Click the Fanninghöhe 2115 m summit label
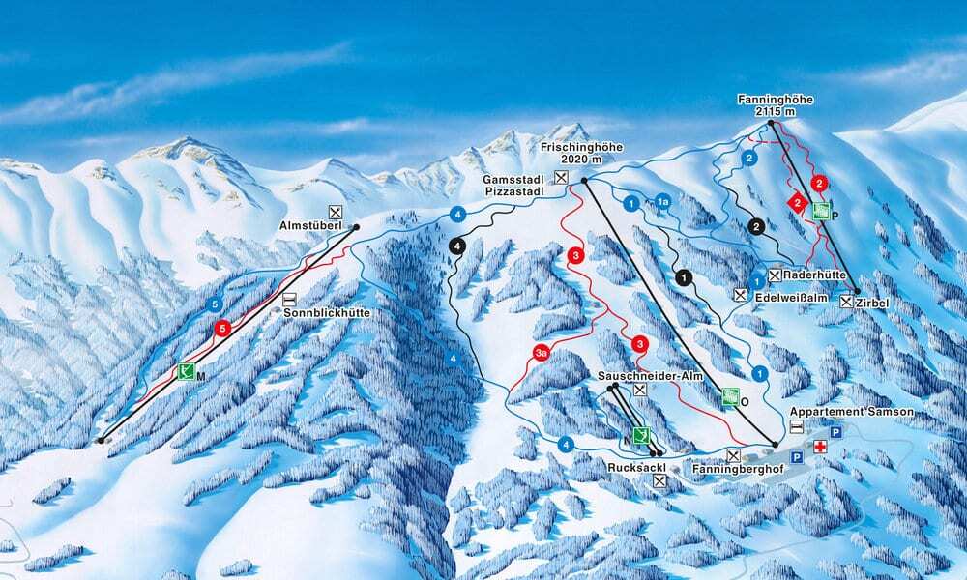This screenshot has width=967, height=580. tap(764, 104)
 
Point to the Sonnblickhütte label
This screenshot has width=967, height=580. tap(328, 313)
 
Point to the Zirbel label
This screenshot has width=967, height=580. tap(873, 303)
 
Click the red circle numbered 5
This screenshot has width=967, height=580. tap(223, 328)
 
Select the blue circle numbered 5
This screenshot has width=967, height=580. tap(214, 306)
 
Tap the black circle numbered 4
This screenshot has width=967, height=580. tap(456, 246)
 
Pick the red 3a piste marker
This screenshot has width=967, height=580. tap(542, 354)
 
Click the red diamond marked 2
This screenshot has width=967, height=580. tap(798, 202)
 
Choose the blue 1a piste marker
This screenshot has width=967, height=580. tap(662, 201)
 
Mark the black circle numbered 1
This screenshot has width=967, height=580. tap(686, 277)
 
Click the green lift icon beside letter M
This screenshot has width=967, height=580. tap(187, 370)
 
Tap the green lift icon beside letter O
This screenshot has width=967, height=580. tap(732, 394)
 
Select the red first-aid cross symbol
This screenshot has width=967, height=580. tap(821, 447)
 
